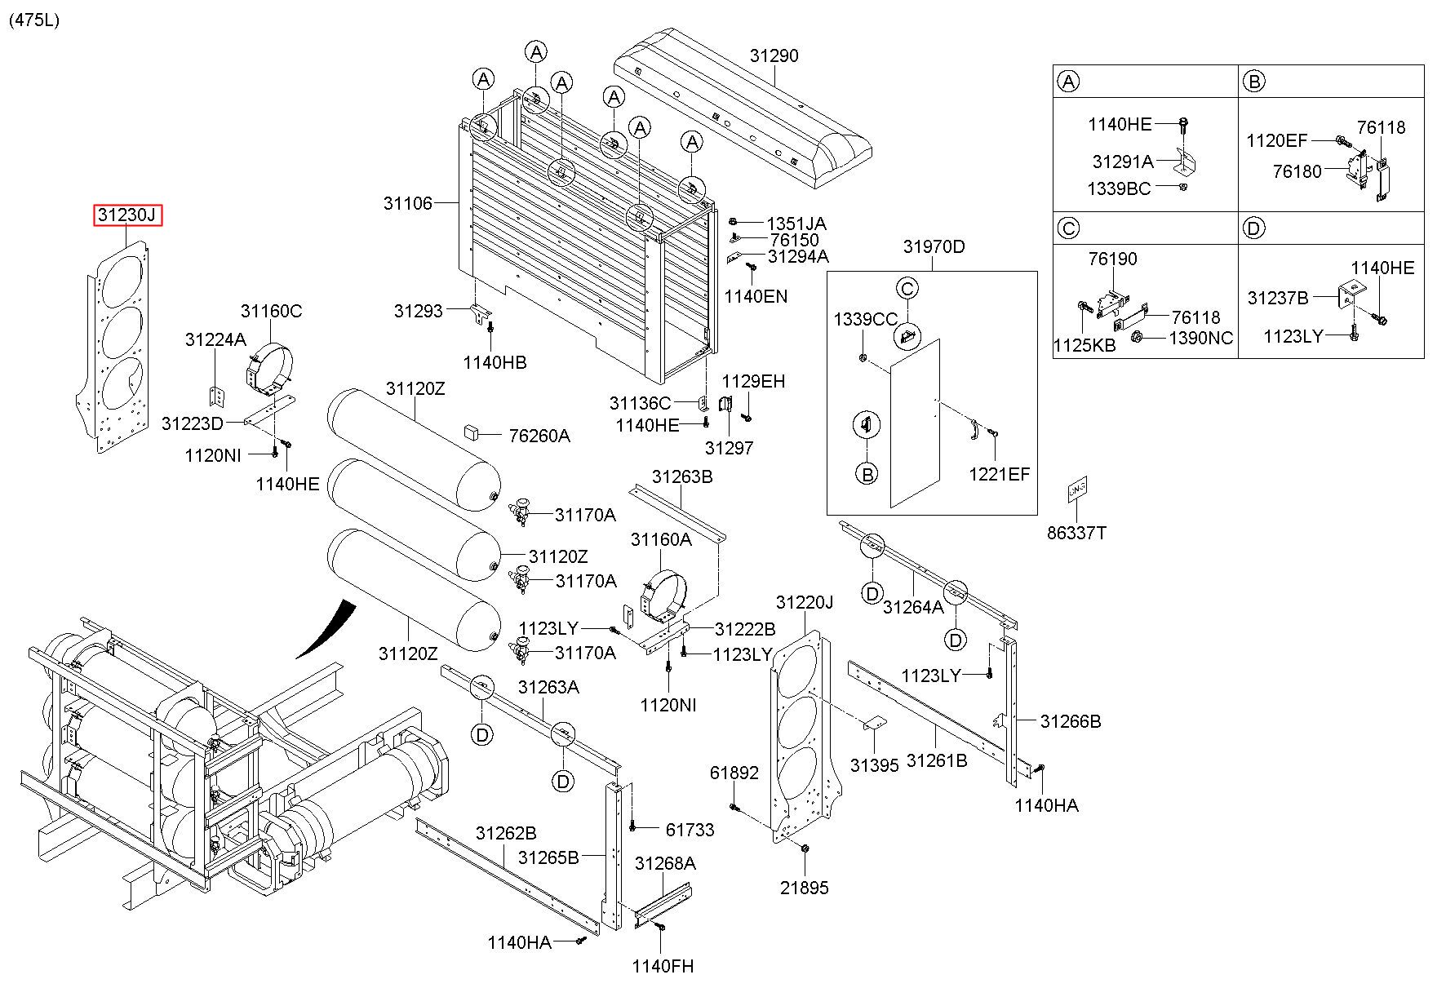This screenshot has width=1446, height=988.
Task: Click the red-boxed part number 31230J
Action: point(127,215)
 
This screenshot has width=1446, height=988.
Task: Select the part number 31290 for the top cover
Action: point(774,55)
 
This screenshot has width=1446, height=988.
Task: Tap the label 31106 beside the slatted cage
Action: point(408,203)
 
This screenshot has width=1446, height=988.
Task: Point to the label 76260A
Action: point(539,436)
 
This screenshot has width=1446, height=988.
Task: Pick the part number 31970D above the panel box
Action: point(934,246)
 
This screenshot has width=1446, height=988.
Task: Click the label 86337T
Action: point(1076,533)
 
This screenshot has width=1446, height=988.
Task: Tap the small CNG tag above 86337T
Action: point(1076,489)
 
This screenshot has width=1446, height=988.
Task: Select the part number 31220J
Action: point(805,602)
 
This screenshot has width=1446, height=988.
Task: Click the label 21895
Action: point(804,888)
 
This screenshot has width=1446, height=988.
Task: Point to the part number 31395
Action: point(874,764)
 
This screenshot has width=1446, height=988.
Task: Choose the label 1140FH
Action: point(663,966)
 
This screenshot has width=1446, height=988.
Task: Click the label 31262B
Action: point(506,833)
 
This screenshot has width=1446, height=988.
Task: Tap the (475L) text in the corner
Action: point(34,20)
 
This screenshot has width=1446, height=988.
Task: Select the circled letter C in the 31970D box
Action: point(907,288)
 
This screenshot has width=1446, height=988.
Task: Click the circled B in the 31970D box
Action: point(867,472)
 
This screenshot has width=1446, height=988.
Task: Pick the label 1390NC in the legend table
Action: point(1201,338)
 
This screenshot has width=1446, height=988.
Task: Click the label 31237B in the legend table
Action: point(1277,298)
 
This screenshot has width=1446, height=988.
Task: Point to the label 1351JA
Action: point(796,224)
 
